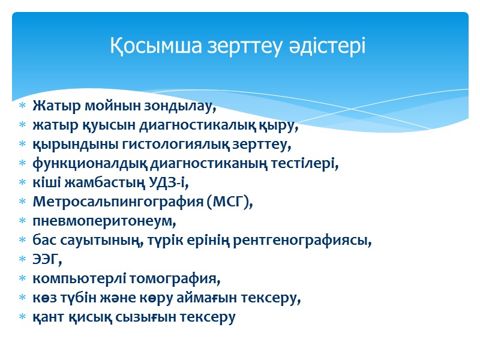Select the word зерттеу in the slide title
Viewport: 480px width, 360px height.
click(245, 46)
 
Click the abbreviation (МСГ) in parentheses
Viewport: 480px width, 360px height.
click(230, 203)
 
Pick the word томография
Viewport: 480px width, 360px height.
click(172, 279)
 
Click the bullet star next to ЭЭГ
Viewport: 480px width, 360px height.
click(22, 260)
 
